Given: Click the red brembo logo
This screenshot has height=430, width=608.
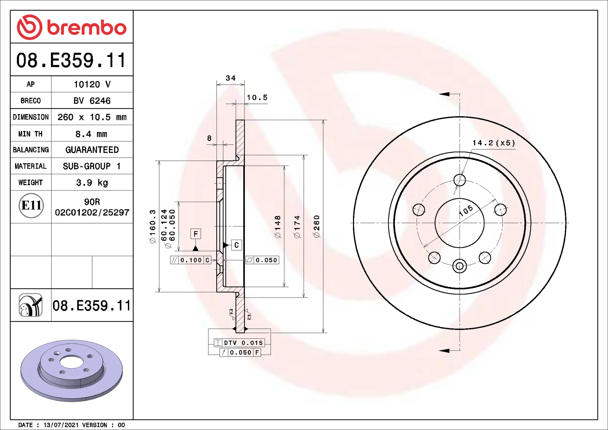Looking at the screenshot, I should pyautogui.click(x=72, y=27).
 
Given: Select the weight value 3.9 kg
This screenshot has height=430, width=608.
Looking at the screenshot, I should pyautogui.click(x=92, y=183).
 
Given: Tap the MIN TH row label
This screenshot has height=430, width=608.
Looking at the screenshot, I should pyautogui.click(x=30, y=134).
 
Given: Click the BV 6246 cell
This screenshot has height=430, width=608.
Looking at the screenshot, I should pyautogui.click(x=92, y=101).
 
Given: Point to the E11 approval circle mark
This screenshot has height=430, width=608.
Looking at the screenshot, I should pyautogui.click(x=31, y=206).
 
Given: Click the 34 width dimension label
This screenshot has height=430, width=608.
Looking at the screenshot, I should pyautogui.click(x=231, y=78).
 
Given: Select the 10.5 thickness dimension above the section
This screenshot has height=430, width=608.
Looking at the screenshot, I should pyautogui.click(x=257, y=98).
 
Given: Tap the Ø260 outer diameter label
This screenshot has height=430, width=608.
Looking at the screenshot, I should pyautogui.click(x=316, y=226).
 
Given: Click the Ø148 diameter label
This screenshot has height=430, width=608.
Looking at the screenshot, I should pyautogui.click(x=277, y=227).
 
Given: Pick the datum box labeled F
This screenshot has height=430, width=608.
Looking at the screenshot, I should pyautogui.click(x=196, y=234).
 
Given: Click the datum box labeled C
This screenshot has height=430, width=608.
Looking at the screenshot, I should pyautogui.click(x=237, y=245).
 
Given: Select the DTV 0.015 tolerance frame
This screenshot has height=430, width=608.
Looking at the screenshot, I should pyautogui.click(x=239, y=343).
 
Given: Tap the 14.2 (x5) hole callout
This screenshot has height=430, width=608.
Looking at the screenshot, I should pyautogui.click(x=494, y=143).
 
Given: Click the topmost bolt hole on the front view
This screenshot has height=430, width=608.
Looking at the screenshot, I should pyautogui.click(x=459, y=180).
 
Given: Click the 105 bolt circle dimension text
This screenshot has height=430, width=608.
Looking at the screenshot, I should pyautogui.click(x=466, y=210).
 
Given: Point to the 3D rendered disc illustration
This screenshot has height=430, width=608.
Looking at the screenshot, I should pyautogui.click(x=72, y=370).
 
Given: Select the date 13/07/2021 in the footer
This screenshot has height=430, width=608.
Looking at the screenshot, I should pyautogui.click(x=61, y=425).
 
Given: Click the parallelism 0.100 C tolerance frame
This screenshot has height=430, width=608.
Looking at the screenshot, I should pyautogui.click(x=191, y=260).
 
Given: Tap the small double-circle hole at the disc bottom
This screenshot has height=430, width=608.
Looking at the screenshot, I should pyautogui.click(x=459, y=266).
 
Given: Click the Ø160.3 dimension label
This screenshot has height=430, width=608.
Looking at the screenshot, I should pyautogui.click(x=153, y=226).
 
